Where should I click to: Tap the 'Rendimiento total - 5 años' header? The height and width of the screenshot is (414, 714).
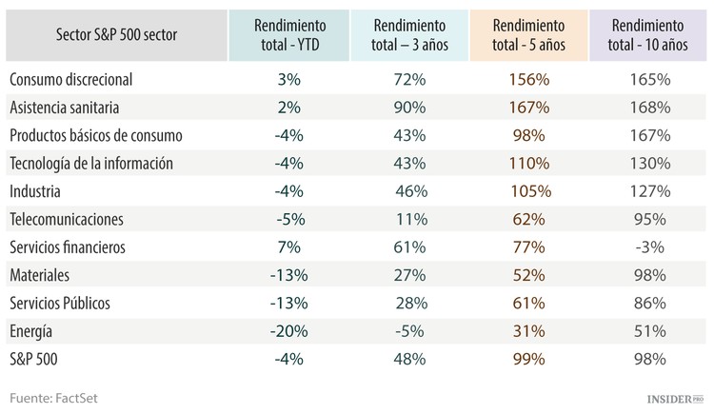(x=528, y=34)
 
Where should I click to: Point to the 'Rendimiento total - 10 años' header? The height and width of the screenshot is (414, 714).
(x=650, y=34)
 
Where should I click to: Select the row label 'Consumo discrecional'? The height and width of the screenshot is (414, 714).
(x=84, y=80)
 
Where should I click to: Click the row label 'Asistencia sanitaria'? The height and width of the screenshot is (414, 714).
(x=77, y=108)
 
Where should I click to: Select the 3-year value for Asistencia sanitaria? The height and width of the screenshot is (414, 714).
(x=409, y=108)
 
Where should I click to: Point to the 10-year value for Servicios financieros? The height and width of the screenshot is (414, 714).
(x=650, y=247)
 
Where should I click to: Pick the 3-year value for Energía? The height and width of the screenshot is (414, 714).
(x=409, y=331)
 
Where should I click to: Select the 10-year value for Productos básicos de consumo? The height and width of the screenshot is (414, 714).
(x=650, y=135)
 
